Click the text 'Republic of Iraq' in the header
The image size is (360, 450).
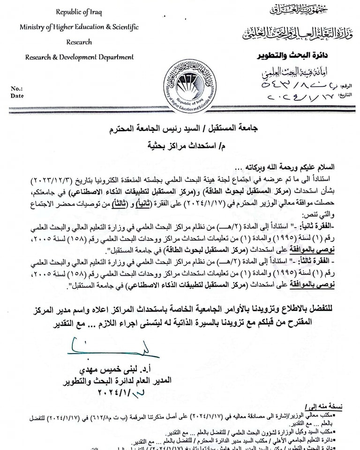coord(79,12)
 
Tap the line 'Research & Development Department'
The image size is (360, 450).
coord(79,57)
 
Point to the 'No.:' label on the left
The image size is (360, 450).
coord(16,88)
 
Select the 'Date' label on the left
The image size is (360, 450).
coord(17,96)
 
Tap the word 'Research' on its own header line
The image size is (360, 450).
coord(79,42)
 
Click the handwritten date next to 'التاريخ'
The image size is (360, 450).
coord(300,98)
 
